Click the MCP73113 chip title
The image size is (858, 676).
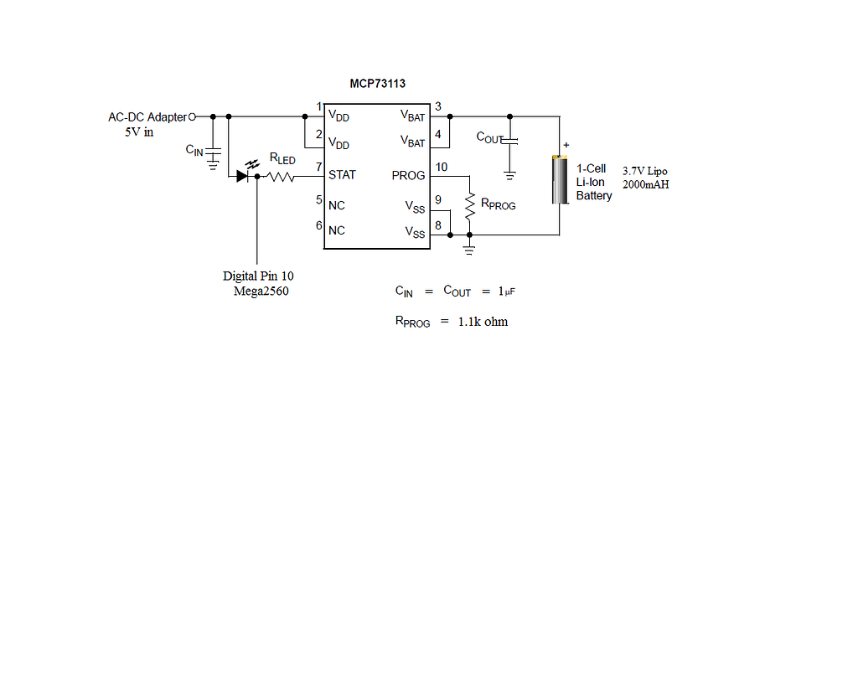(x=378, y=84)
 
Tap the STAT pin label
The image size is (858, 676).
(x=342, y=175)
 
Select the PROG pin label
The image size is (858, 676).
(x=408, y=176)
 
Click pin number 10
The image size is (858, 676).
(x=442, y=167)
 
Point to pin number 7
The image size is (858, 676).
(x=318, y=167)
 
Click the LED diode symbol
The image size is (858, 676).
(x=243, y=176)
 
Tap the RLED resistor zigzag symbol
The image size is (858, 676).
(x=278, y=177)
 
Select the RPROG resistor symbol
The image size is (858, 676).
(x=469, y=206)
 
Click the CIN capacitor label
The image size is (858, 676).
(x=194, y=150)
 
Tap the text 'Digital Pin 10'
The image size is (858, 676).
(x=258, y=276)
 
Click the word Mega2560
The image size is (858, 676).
(x=261, y=291)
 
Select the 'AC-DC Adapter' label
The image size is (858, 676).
(x=147, y=117)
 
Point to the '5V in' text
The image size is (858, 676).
(x=139, y=132)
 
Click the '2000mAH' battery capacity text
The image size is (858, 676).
(x=645, y=184)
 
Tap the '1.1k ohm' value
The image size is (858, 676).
(x=483, y=322)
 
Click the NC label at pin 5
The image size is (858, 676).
(x=337, y=205)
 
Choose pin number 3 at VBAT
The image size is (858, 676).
(x=438, y=106)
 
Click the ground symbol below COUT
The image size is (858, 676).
(x=510, y=175)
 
